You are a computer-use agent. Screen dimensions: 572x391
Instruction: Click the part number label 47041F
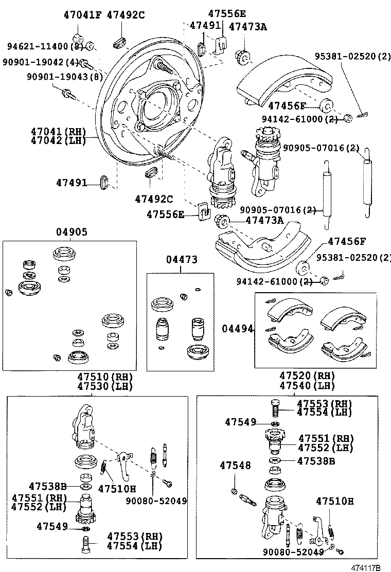click(82, 15)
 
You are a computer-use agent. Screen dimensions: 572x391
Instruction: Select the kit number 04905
click(72, 232)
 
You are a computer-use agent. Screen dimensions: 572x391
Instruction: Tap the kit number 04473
click(181, 260)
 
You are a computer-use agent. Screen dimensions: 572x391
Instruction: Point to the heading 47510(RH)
click(105, 377)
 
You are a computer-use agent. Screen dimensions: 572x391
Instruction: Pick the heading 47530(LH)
click(105, 386)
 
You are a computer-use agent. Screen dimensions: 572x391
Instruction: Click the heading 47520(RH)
click(307, 377)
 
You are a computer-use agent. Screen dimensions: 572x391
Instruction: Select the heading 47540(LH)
click(307, 386)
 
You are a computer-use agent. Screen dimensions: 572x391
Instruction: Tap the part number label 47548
click(235, 466)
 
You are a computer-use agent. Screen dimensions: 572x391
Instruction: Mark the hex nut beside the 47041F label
click(78, 39)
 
